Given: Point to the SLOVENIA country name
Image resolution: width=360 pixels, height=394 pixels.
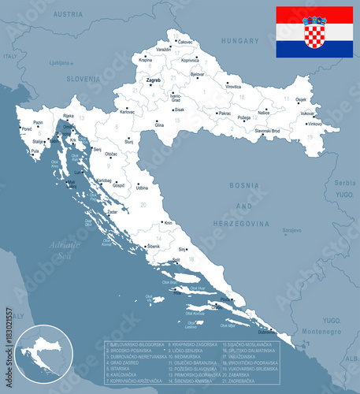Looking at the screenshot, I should [83, 79].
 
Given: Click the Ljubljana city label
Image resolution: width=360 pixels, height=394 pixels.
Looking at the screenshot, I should [59, 63].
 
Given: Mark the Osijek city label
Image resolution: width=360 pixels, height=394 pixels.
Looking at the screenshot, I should [301, 99].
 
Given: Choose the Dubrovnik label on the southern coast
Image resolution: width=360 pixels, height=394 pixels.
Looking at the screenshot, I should [267, 332].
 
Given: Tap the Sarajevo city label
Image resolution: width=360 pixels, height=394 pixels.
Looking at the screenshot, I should [292, 230].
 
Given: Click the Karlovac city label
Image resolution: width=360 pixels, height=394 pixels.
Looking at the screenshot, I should [127, 112].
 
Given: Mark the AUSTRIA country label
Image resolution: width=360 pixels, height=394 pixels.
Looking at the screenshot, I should [68, 14].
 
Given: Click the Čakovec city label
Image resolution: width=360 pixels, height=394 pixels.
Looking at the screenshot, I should [185, 41].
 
